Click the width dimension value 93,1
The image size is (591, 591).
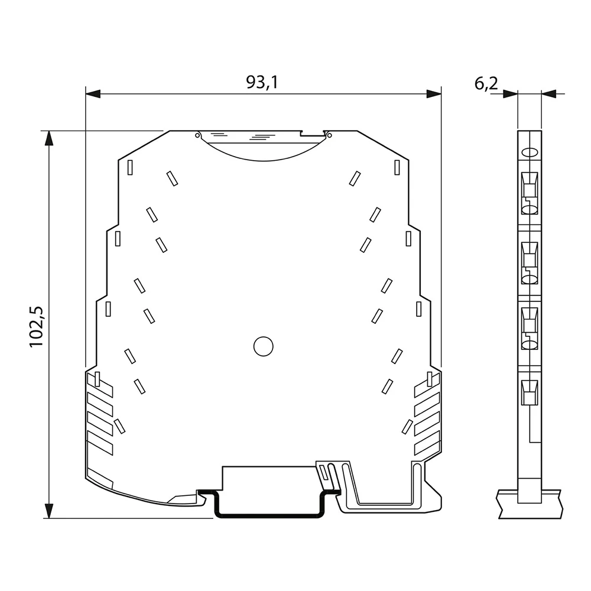(262, 83)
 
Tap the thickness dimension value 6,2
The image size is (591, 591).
(486, 84)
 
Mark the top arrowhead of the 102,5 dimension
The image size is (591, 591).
(49, 139)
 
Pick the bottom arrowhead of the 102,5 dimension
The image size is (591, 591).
(49, 510)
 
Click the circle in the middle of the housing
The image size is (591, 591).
(263, 346)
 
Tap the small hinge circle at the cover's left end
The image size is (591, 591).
(197, 135)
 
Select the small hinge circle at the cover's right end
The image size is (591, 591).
(329, 135)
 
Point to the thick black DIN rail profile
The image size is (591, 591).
(269, 514)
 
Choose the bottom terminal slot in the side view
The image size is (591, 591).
(530, 392)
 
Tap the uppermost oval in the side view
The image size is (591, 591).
(530, 152)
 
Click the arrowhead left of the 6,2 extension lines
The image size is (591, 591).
(510, 93)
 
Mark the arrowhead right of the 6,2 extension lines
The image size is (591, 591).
(549, 93)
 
